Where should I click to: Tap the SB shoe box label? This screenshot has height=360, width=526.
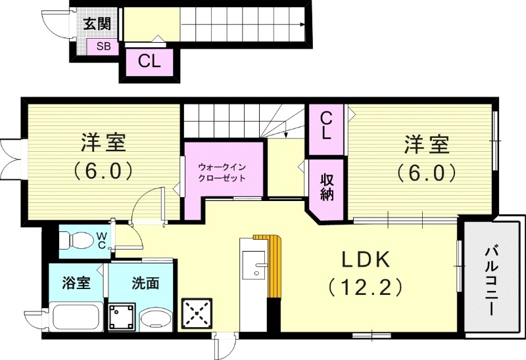pyautogui.click(x=104, y=46)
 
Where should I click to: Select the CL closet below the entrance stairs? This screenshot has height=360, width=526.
pyautogui.click(x=150, y=62)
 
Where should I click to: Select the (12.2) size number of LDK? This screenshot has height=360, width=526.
pyautogui.click(x=365, y=287)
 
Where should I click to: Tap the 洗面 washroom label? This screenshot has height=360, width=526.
pyautogui.click(x=145, y=284)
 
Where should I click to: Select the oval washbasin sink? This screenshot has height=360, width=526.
pyautogui.click(x=156, y=319)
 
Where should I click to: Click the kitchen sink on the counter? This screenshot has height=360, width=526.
pyautogui.click(x=254, y=266)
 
